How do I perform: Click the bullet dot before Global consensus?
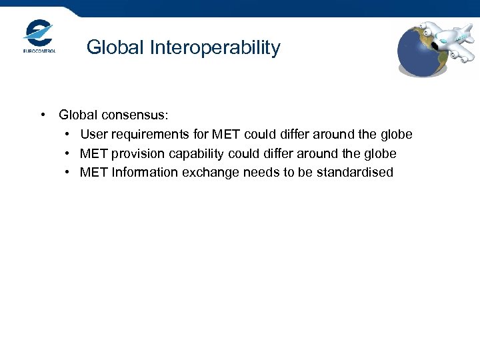point(43,115)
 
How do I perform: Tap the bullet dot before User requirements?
point(69,135)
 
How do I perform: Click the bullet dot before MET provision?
point(69,153)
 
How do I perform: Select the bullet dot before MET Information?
point(69,173)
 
